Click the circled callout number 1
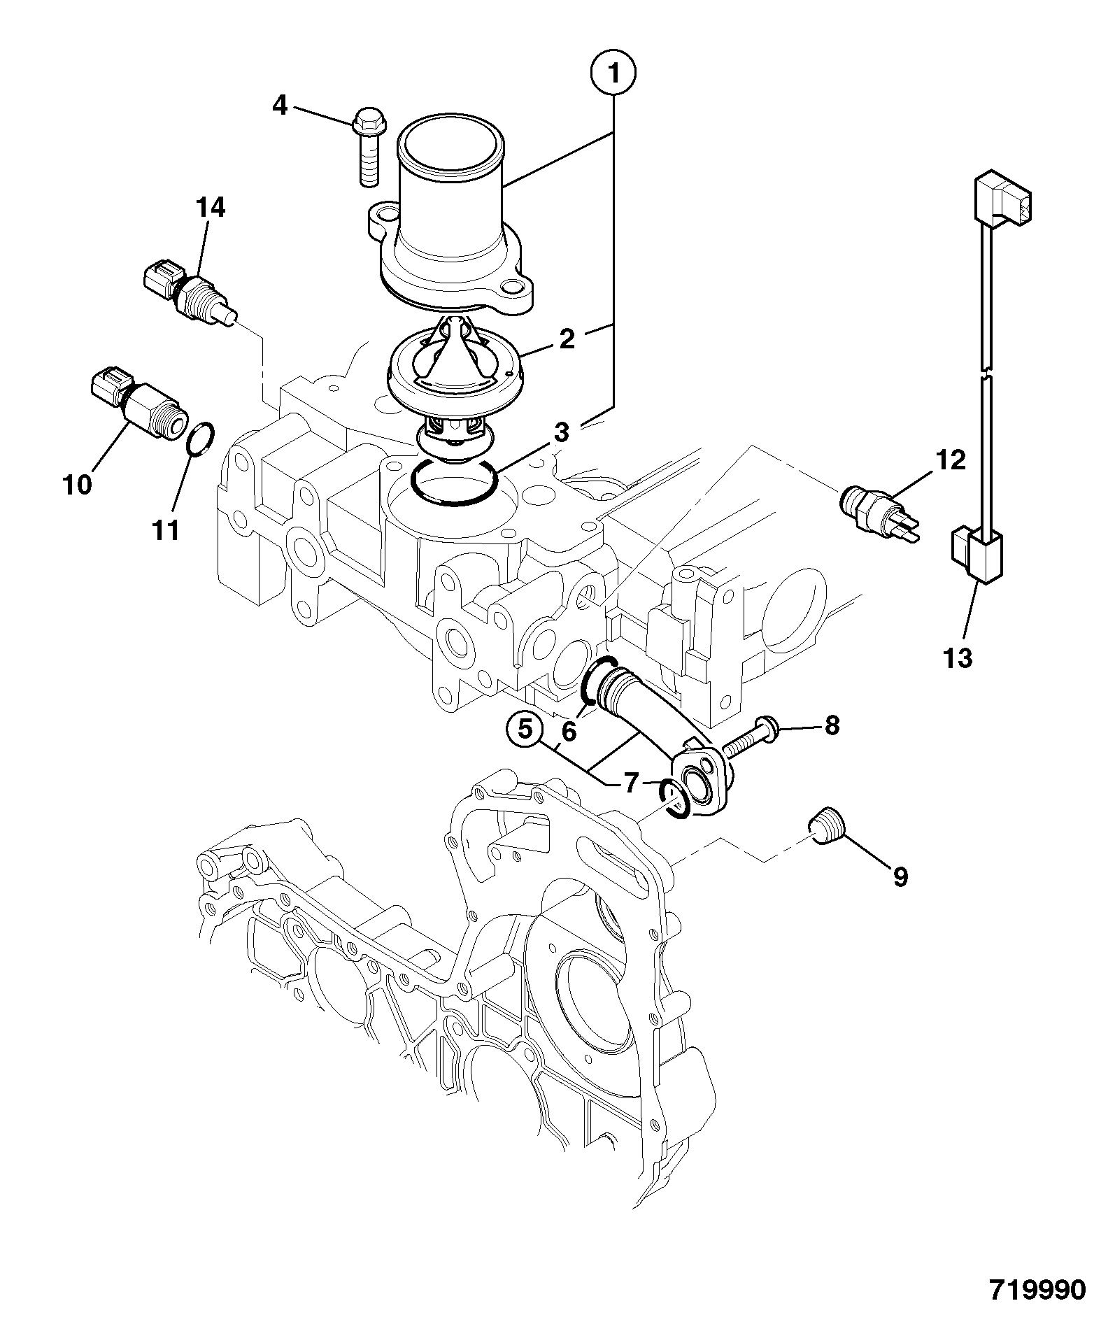613,73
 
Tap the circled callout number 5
525,730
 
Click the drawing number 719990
1037,1290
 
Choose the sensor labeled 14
190,294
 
